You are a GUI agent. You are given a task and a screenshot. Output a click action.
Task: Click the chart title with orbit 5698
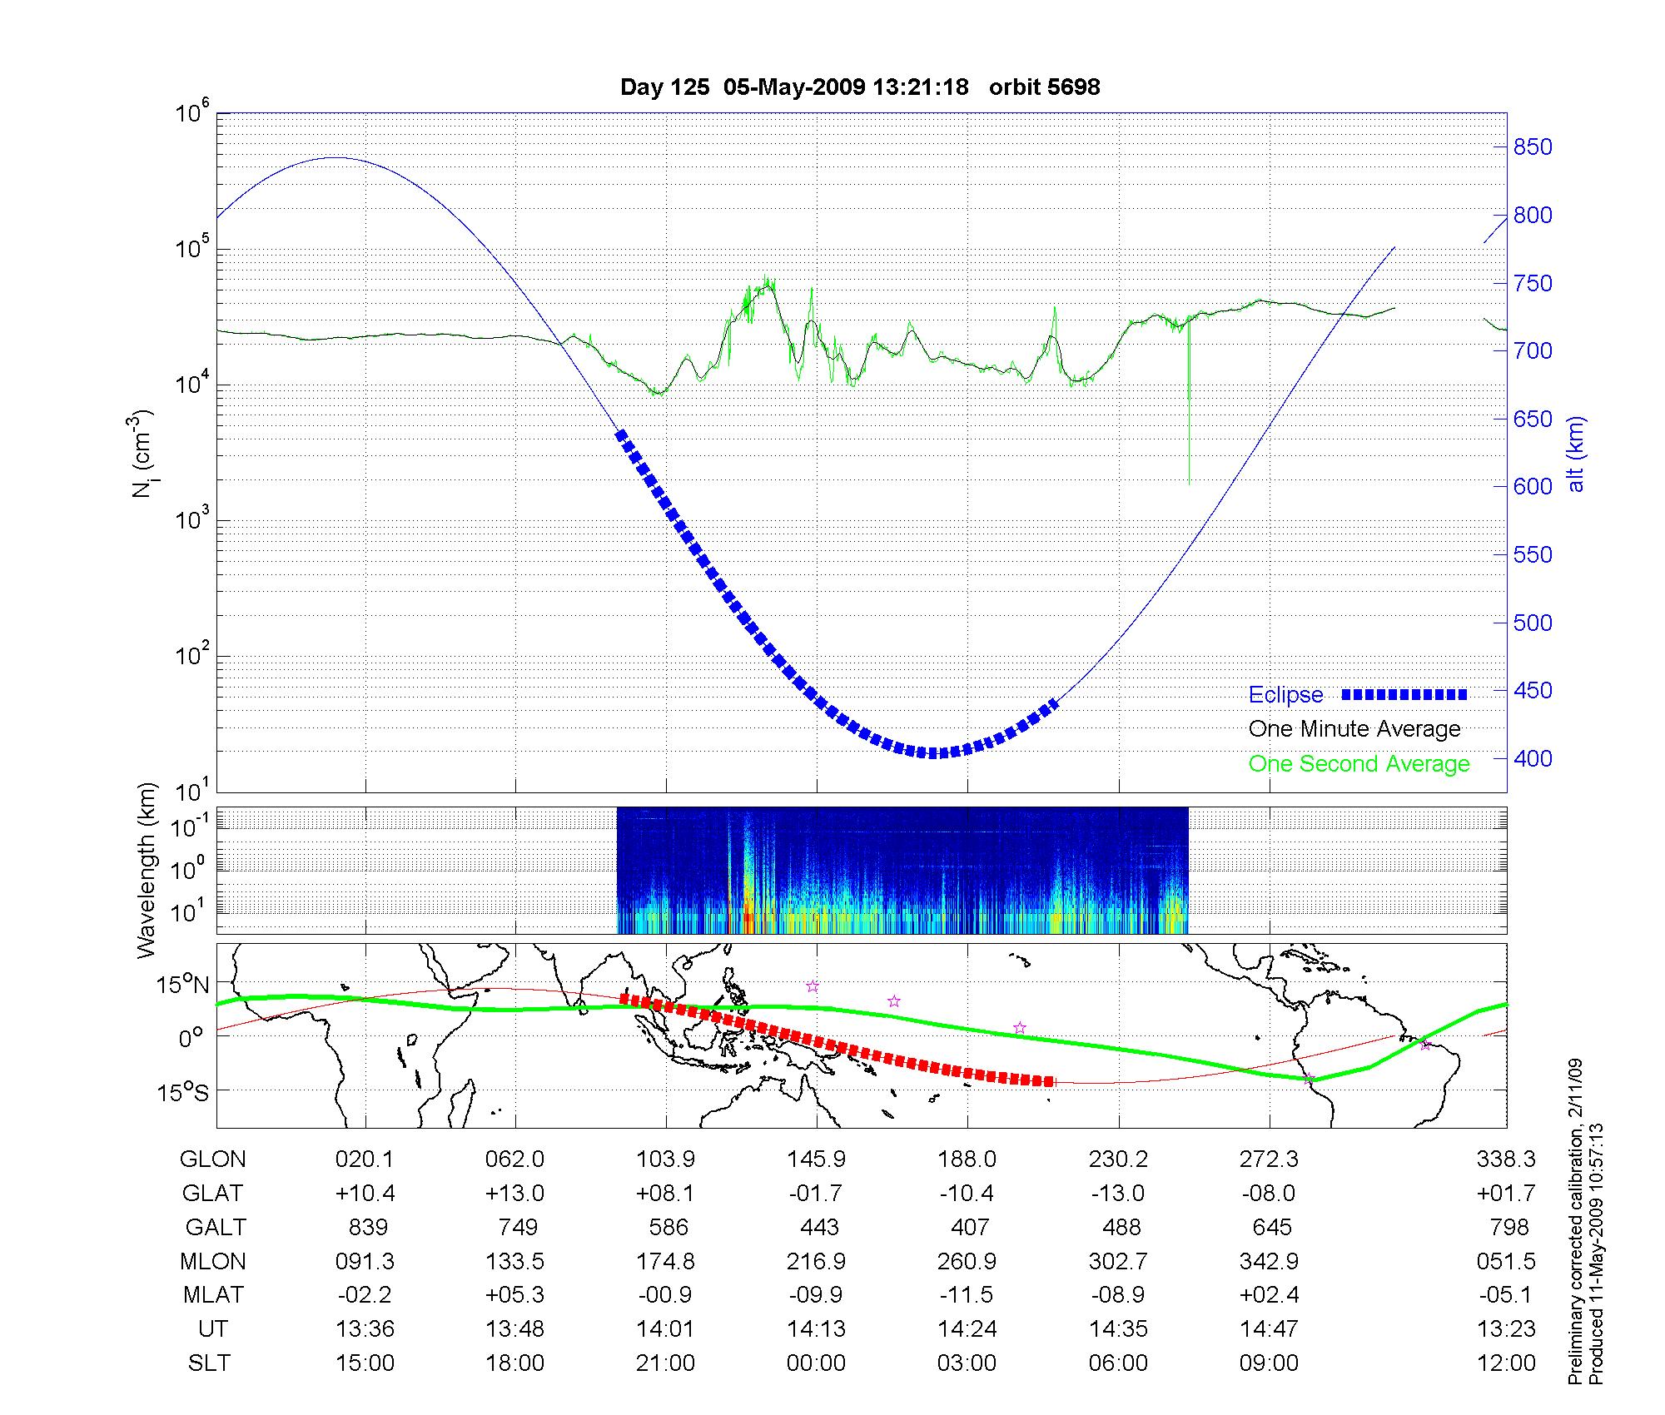[860, 87]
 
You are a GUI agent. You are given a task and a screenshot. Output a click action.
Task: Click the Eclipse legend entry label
[1285, 695]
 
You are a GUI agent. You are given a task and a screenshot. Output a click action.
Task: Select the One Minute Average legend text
[1354, 729]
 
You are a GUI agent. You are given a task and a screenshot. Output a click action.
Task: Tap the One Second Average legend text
[1359, 764]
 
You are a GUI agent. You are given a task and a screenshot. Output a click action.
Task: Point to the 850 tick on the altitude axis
[1533, 147]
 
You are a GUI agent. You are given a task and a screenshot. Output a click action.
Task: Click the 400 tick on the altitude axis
[1533, 758]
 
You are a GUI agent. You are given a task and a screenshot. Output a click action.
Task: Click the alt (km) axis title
[1576, 454]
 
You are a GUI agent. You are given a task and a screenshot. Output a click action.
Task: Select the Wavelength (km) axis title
[147, 870]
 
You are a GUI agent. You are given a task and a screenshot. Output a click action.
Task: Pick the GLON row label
[213, 1159]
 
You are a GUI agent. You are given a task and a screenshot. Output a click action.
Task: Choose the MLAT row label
[213, 1295]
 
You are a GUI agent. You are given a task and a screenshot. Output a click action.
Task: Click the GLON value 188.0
[967, 1159]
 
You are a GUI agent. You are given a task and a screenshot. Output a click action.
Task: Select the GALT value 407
[969, 1227]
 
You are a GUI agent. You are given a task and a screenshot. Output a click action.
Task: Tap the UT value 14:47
[1269, 1329]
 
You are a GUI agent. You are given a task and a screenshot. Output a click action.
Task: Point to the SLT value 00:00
[816, 1363]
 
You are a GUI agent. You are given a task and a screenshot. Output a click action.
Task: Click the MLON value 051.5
[1506, 1261]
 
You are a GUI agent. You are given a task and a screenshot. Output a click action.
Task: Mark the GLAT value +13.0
[515, 1194]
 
